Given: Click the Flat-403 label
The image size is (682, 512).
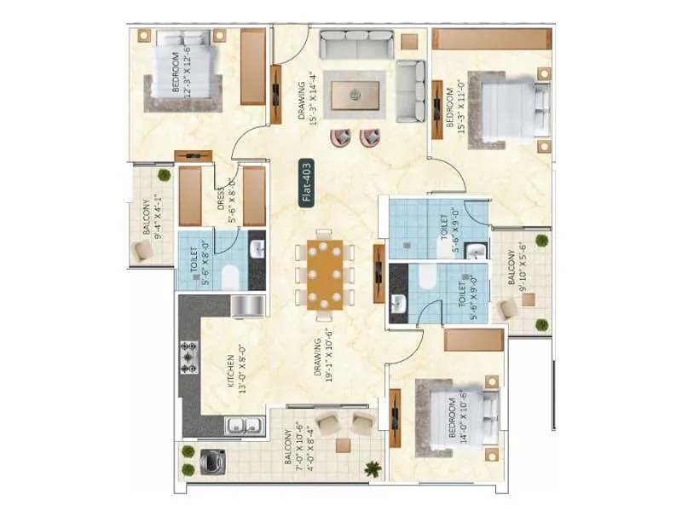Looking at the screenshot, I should [x=307, y=182].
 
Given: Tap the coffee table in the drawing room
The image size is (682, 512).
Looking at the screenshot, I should [x=358, y=94].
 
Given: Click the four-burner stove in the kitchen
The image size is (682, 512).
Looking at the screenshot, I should [x=189, y=357].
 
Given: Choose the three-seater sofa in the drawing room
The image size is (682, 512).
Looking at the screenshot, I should [x=356, y=43].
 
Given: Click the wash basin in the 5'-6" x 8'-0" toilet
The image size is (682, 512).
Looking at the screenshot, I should [x=256, y=249].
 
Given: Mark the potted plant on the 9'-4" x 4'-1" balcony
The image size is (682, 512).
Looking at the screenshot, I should [x=164, y=175].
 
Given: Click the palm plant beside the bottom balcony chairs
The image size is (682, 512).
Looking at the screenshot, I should [x=372, y=468].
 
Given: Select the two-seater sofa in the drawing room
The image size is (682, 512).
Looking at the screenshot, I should [x=411, y=91].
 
